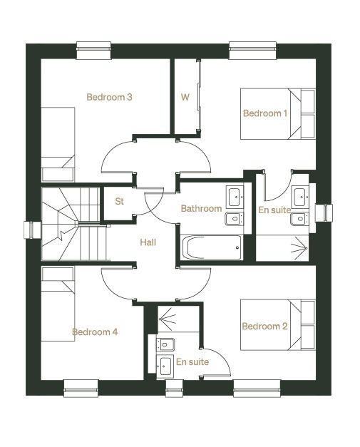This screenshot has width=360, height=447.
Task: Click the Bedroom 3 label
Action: (x=109, y=97)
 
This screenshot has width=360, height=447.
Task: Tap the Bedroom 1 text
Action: (x=265, y=113)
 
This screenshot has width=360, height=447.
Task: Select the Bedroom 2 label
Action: (x=264, y=326)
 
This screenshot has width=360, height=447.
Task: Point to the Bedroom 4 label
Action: (x=95, y=332)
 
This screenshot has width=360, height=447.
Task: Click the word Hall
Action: (x=148, y=242)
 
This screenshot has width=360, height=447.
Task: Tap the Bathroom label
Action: (x=201, y=208)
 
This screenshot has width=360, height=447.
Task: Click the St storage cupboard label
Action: (x=120, y=201)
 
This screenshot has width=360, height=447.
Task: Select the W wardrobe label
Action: (x=185, y=97)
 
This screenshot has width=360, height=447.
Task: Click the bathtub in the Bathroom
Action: (x=211, y=247)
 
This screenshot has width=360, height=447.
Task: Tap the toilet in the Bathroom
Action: (x=234, y=219)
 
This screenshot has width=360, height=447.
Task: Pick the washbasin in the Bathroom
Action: (x=235, y=197)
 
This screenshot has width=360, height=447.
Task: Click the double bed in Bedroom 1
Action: (x=278, y=114)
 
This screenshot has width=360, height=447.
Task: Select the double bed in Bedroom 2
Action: (x=278, y=324)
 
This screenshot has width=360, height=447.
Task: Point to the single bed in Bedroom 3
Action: (x=58, y=145)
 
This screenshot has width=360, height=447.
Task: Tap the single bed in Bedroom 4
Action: (x=58, y=304)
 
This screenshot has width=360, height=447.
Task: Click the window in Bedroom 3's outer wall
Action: (x=93, y=51)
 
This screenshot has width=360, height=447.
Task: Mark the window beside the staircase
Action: (x=33, y=230)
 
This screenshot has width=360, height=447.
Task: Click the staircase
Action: (x=74, y=224)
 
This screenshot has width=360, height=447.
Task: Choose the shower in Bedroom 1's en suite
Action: (x=282, y=247)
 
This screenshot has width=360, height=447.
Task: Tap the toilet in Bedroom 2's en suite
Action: (x=165, y=345)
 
